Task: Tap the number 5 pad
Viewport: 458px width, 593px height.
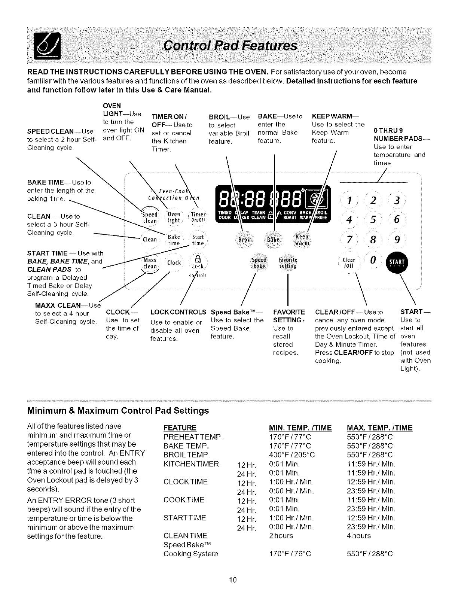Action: (x=373, y=220)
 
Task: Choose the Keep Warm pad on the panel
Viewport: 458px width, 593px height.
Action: (x=302, y=240)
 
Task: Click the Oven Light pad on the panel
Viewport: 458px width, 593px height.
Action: (x=174, y=218)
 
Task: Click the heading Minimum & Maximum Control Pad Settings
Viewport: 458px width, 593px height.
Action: (x=118, y=411)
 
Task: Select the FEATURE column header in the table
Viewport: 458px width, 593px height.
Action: (x=180, y=428)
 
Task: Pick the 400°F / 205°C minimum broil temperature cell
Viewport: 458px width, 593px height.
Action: (x=292, y=455)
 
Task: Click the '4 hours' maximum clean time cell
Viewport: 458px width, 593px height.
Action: (x=359, y=536)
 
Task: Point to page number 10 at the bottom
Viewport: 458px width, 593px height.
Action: (x=233, y=580)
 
